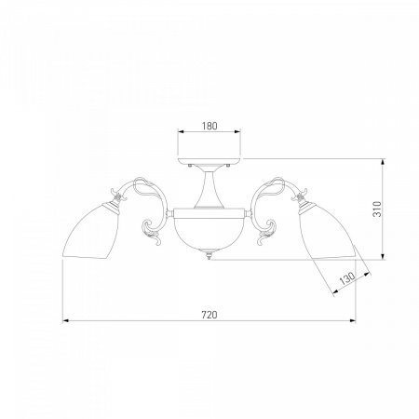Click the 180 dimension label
[209, 126]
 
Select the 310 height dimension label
[377, 209]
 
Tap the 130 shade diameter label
[346, 278]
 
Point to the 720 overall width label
[209, 315]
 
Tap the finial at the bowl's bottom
[209, 256]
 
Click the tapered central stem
[209, 189]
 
